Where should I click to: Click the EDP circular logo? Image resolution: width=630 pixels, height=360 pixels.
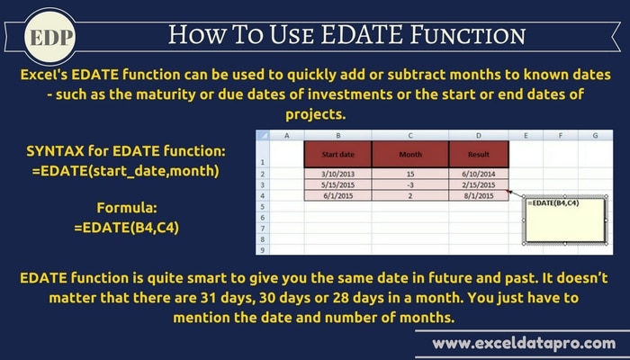click(x=49, y=37)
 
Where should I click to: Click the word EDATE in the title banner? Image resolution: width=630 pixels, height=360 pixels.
click(x=362, y=34)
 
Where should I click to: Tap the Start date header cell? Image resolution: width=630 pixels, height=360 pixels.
click(x=337, y=154)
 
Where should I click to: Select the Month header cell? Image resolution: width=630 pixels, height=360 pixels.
click(x=410, y=154)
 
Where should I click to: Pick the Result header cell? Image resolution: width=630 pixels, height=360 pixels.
click(x=479, y=154)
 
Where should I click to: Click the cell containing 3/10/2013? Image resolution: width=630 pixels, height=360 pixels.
click(x=337, y=174)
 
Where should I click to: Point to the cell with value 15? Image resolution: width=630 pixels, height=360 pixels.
click(x=410, y=174)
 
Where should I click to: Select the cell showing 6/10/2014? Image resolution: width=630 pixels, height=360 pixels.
click(x=479, y=174)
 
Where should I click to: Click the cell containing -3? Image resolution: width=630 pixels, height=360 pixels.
click(x=410, y=184)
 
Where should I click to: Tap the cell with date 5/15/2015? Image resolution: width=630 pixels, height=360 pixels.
click(x=337, y=184)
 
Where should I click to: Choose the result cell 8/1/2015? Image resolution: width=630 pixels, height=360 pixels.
click(x=479, y=195)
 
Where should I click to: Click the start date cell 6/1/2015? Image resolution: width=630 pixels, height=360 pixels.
click(x=337, y=195)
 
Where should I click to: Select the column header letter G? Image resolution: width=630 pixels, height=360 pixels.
click(x=595, y=135)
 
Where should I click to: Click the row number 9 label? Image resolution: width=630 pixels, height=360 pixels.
click(x=263, y=250)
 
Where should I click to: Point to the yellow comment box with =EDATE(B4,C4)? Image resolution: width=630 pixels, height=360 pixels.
click(x=565, y=220)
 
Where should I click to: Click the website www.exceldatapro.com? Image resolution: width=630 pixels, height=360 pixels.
click(x=524, y=344)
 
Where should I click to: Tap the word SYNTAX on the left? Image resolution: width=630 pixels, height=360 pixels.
click(x=56, y=151)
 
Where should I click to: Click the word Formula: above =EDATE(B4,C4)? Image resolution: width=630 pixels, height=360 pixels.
click(x=127, y=208)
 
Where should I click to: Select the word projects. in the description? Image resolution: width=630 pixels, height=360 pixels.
click(x=315, y=114)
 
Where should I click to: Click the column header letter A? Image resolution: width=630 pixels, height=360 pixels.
click(x=286, y=135)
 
